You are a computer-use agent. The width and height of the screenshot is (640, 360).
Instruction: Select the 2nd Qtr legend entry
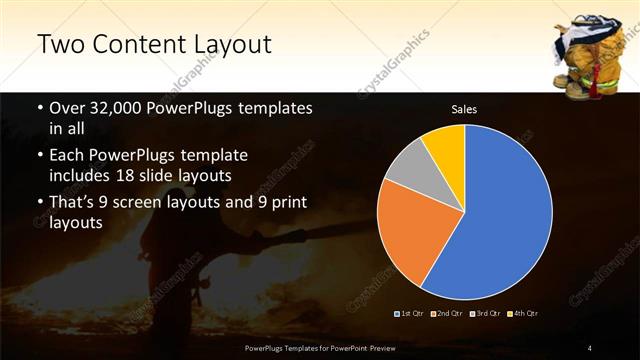448,315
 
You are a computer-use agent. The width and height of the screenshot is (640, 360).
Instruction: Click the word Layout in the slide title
227,45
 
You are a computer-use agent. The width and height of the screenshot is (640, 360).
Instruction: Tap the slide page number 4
590,348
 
